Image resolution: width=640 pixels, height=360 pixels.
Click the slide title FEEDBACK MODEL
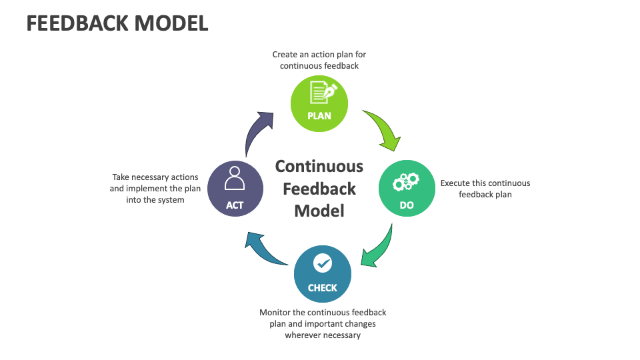tap(117, 23)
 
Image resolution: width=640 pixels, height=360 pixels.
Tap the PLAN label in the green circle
tap(319, 115)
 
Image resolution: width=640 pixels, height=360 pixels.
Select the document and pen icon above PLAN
tap(320, 93)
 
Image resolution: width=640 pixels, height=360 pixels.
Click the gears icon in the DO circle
tap(407, 181)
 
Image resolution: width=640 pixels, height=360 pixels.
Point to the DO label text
tap(407, 205)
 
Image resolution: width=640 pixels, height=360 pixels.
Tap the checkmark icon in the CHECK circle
tap(323, 264)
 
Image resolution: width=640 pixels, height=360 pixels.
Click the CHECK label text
tap(323, 288)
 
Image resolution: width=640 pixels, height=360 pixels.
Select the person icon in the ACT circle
tap(235, 179)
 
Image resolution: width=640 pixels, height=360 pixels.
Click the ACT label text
tap(235, 205)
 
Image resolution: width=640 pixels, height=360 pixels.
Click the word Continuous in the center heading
tap(319, 166)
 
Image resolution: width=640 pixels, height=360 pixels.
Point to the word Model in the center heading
tap(319, 211)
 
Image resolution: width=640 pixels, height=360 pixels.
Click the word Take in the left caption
tap(122, 177)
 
